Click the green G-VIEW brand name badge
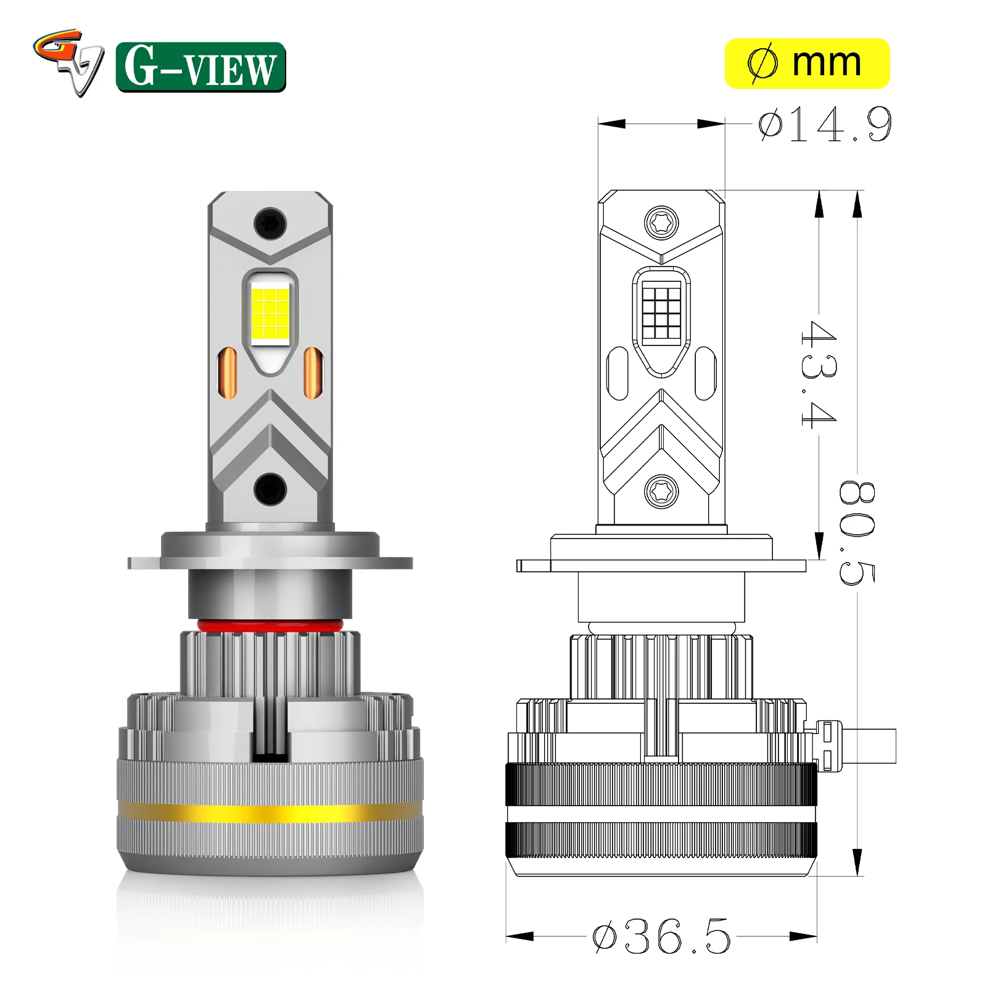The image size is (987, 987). [200, 67]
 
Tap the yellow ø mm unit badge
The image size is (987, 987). [807, 64]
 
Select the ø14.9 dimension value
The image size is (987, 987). [825, 125]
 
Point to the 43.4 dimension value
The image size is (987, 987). [819, 374]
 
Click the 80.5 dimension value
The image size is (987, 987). [857, 532]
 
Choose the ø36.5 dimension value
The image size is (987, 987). [661, 936]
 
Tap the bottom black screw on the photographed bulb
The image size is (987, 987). [270, 489]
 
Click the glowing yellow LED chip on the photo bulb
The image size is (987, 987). [270, 314]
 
